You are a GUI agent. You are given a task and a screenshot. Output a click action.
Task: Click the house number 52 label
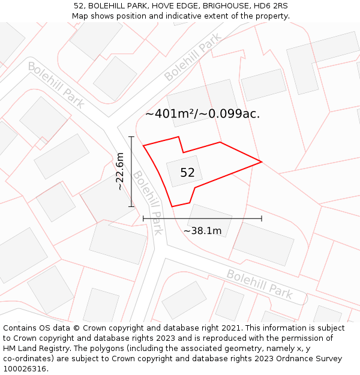tap(187, 173)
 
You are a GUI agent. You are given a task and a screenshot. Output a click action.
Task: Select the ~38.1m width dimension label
tap(202, 231)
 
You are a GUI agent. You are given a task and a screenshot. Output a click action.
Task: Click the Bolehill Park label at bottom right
tap(259, 284)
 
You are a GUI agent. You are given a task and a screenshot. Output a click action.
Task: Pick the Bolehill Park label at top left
tap(56, 85)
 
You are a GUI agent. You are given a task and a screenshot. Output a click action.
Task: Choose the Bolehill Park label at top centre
tap(193, 58)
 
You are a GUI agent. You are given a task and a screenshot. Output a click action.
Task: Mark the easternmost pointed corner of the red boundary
tap(262, 161)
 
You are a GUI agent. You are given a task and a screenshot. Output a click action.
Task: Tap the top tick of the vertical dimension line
tap(131, 137)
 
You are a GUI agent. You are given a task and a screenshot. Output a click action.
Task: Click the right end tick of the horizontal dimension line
tap(262, 218)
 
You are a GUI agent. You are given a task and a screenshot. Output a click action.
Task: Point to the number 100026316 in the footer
tap(25, 369)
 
